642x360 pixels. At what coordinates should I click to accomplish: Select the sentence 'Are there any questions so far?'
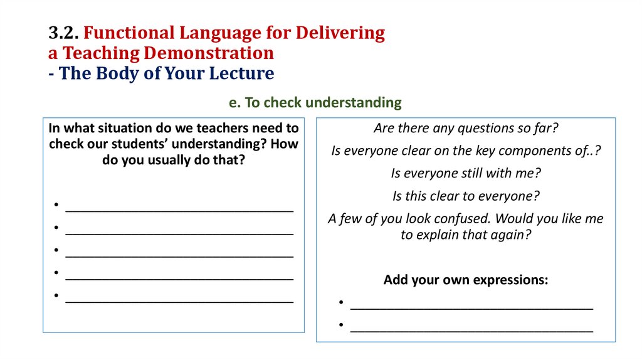pos(466,129)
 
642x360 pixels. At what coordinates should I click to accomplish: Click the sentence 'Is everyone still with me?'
pos(466,173)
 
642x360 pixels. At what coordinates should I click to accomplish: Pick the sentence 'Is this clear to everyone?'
pos(466,196)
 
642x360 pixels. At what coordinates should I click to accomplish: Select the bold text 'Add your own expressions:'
pos(466,280)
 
